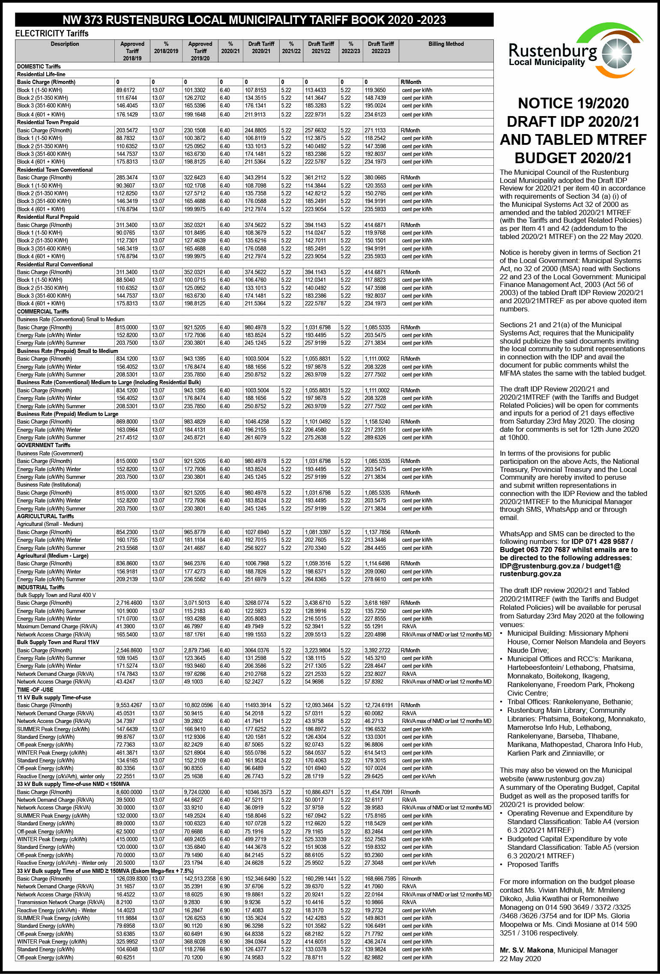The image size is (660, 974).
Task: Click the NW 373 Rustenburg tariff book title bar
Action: pyautogui.click(x=254, y=20)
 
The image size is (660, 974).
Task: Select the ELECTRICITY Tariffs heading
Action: pyautogui.click(x=52, y=33)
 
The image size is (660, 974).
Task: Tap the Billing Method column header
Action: pyautogui.click(x=446, y=44)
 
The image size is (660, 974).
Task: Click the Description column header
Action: pyautogui.click(x=65, y=44)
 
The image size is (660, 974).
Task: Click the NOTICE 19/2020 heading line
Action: pyautogui.click(x=573, y=103)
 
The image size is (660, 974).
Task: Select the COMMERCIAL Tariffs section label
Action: pyautogui.click(x=43, y=311)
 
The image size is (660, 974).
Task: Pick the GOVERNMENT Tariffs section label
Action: pyautogui.click(x=44, y=445)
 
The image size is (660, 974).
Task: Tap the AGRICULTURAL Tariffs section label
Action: pyautogui.click(x=45, y=516)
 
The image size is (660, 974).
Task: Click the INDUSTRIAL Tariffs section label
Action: pyautogui.click(x=41, y=587)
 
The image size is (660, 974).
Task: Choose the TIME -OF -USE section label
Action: pyautogui.click(x=35, y=690)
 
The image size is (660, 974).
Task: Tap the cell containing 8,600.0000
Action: pyautogui.click(x=129, y=792)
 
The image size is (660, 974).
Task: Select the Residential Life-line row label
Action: pyautogui.click(x=41, y=74)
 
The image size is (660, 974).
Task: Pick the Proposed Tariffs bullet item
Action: pyautogui.click(x=533, y=864)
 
